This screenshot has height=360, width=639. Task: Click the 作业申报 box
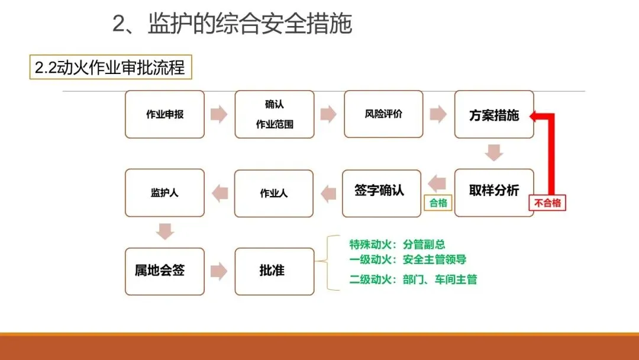click(164, 114)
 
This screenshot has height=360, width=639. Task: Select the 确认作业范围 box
click(275, 114)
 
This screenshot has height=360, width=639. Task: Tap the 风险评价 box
click(383, 114)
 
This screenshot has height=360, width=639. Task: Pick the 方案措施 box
click(494, 114)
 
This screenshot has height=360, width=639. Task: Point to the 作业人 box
click(274, 194)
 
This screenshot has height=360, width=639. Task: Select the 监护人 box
click(164, 193)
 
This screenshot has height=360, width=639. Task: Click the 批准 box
click(274, 271)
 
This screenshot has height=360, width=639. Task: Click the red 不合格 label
click(547, 204)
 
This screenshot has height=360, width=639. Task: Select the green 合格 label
click(438, 203)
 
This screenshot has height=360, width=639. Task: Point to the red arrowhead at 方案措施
click(535, 116)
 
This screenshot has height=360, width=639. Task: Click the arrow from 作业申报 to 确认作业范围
click(219, 114)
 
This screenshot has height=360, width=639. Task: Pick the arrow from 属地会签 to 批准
click(219, 271)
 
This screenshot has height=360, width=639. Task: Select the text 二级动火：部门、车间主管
click(413, 279)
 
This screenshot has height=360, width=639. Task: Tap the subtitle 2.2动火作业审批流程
click(110, 68)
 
